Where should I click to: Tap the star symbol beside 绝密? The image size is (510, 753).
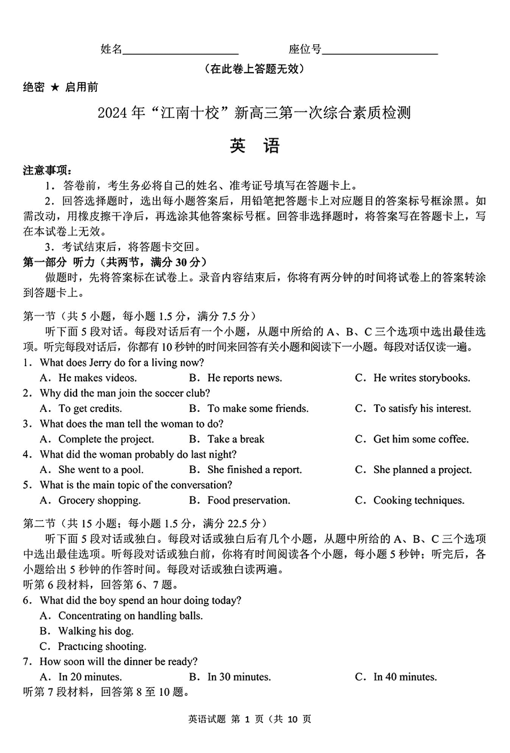pos(54,87)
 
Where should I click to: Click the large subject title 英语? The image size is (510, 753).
pos(255,146)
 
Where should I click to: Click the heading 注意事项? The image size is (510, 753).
pos(47,171)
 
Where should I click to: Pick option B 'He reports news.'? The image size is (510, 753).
pos(244,378)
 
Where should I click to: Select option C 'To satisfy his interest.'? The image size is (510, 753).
pos(422,409)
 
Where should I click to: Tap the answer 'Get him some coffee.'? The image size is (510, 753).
pos(421,439)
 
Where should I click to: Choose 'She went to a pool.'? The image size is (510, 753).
pos(101,470)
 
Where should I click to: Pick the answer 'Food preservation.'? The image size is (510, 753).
pos(249,500)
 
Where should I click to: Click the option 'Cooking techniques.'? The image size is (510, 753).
pos(419,500)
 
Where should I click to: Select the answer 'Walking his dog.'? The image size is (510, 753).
pos(96,631)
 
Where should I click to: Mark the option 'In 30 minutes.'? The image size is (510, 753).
pos(239,677)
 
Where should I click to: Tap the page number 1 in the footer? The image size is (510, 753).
pos(247,719)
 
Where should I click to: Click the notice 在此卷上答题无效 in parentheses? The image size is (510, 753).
pos(254,69)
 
